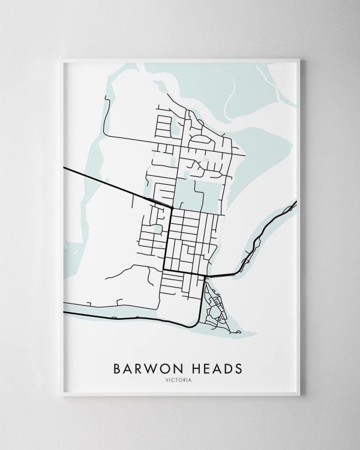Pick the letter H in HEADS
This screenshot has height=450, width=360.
coord(191,367)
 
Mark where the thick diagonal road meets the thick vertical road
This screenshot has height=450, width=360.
coord(172,208)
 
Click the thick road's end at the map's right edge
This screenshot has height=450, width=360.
coord(296,205)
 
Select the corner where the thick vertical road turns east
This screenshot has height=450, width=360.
coord(164,270)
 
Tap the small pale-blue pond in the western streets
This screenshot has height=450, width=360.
coord(157,229)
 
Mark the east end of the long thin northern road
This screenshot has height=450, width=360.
coord(245,155)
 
